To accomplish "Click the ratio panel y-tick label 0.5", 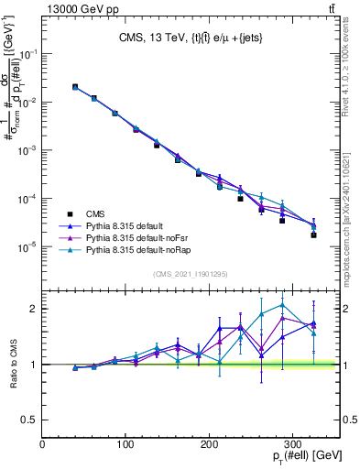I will tap(29, 420).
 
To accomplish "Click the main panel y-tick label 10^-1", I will tap(27, 55).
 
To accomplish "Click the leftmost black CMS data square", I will tap(75, 87).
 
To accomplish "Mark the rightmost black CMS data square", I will tap(313, 235).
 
